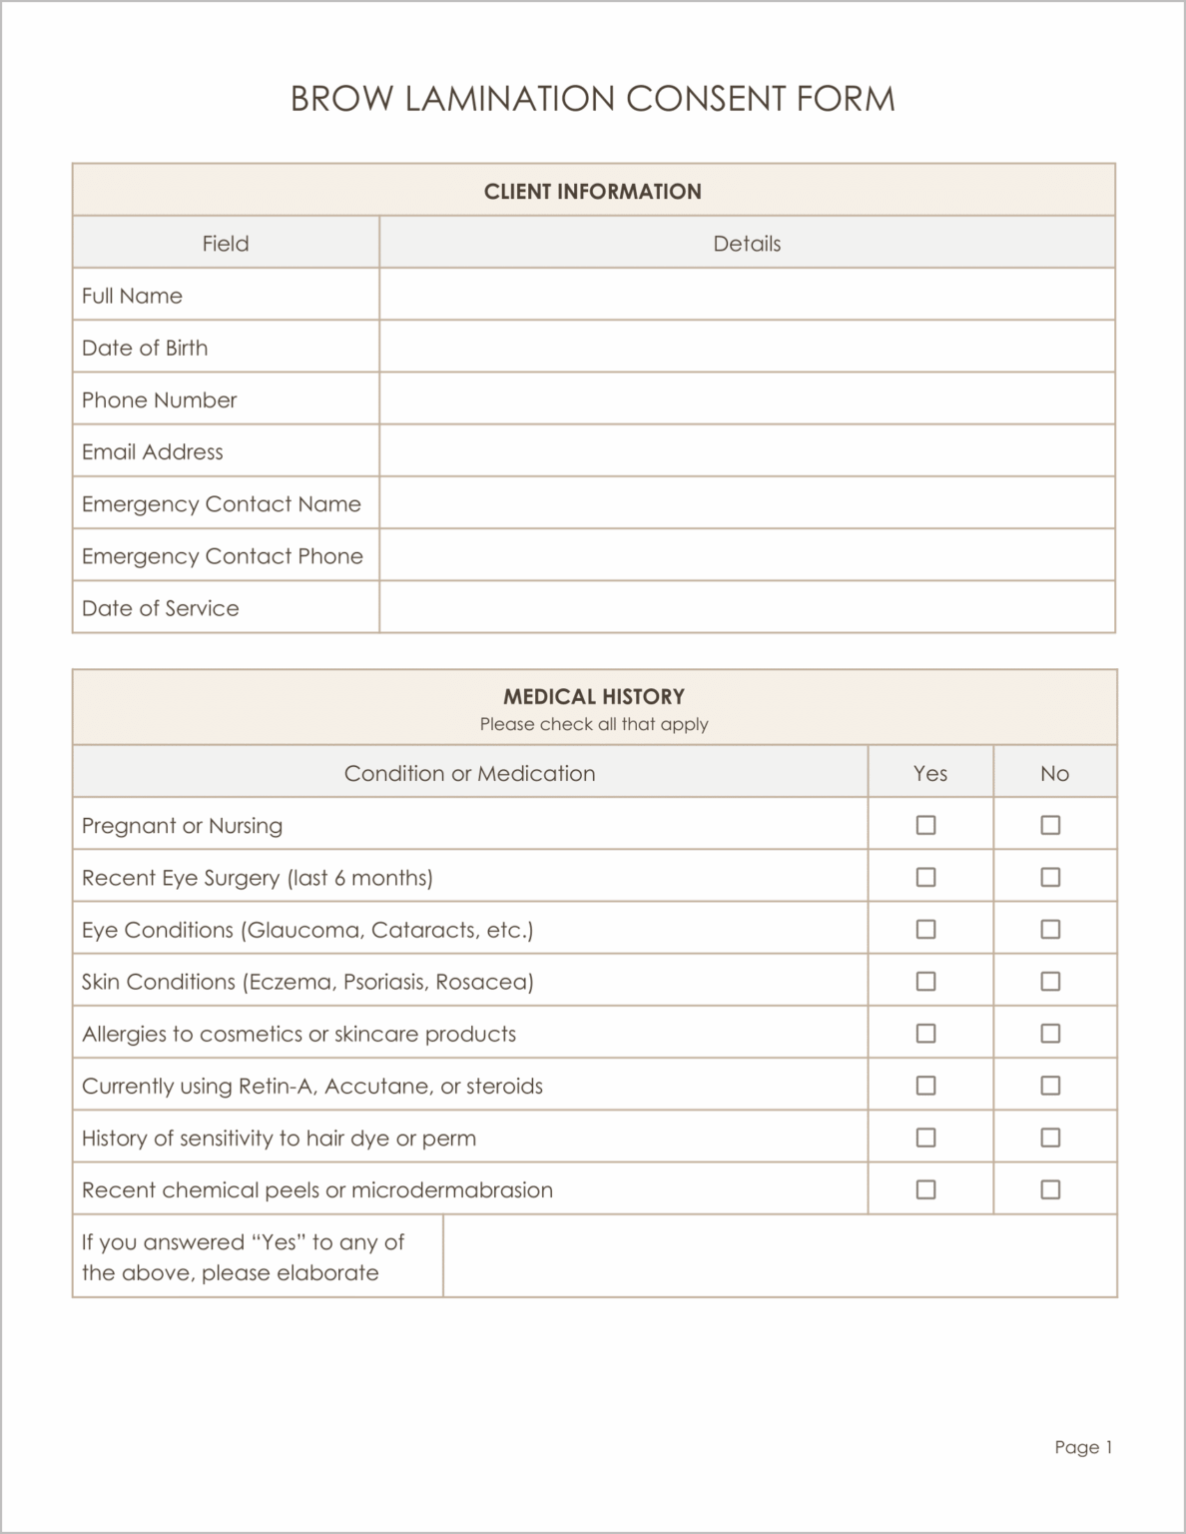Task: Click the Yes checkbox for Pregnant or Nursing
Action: pos(925,825)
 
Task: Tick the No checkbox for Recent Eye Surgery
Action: pos(1050,877)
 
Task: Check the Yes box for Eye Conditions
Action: pos(925,929)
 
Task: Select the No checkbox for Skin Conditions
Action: pos(1050,981)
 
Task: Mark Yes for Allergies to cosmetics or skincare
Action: pos(925,1033)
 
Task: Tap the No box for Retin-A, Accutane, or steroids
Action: pos(1050,1085)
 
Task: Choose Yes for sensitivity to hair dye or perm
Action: pos(925,1137)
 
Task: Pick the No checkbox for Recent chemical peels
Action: pos(1050,1188)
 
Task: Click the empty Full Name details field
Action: pos(746,295)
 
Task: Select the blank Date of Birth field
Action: pos(746,347)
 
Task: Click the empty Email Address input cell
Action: pos(746,450)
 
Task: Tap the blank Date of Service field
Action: pos(746,607)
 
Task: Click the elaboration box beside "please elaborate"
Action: pos(779,1256)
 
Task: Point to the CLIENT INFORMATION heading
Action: pos(593,191)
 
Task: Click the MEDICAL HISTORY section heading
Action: pos(594,696)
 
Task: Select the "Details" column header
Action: pos(747,243)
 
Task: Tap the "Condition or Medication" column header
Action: pos(469,773)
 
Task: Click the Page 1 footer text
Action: pos(1083,1447)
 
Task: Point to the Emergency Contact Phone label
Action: pos(223,555)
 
